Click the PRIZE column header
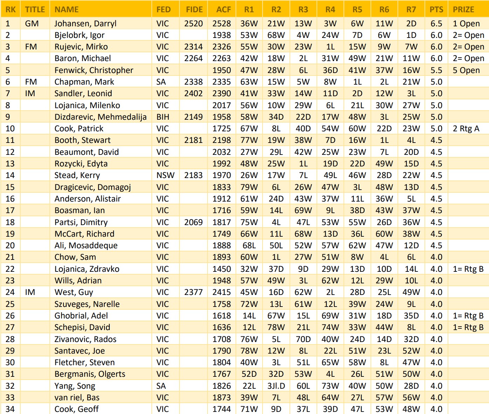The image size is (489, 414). (463, 9)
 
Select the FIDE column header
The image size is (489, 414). (194, 9)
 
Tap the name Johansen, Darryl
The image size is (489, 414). (85, 24)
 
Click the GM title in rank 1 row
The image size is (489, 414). (32, 24)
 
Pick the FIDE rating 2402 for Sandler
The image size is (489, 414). (193, 93)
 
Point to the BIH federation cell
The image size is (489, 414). (163, 117)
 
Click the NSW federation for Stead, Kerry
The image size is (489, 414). (165, 175)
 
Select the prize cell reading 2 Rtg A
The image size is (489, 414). (466, 129)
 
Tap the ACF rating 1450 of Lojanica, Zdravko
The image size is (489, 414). (222, 269)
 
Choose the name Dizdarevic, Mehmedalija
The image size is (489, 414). (100, 117)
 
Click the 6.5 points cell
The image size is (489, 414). (436, 24)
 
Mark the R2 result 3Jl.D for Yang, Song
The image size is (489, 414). (276, 386)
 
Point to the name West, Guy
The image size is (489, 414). (74, 292)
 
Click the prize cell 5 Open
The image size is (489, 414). (466, 70)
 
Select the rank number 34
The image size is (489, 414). (10, 409)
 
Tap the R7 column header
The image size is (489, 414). (411, 9)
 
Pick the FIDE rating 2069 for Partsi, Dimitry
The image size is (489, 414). (193, 222)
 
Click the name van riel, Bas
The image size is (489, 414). (77, 397)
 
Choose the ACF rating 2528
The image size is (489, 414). (222, 24)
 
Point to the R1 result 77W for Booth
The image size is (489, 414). (249, 140)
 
